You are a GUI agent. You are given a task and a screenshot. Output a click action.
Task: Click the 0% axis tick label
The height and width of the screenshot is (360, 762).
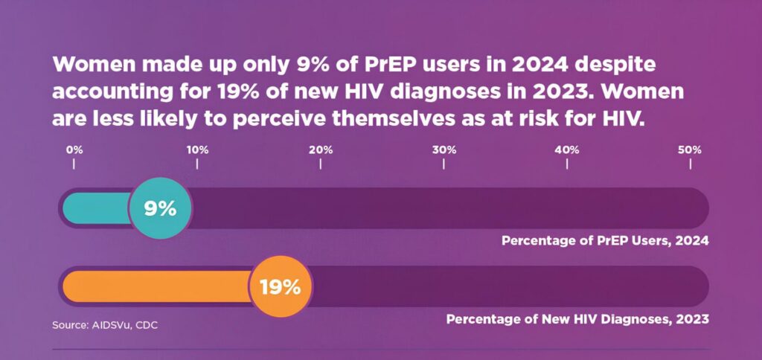pyautogui.click(x=74, y=150)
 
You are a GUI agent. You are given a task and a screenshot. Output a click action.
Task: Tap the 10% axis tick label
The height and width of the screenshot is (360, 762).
pyautogui.click(x=197, y=150)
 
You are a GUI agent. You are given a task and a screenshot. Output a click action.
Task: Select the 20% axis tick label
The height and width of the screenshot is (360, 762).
pyautogui.click(x=321, y=150)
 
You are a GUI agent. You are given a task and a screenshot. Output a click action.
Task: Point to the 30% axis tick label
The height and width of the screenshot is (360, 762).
pyautogui.click(x=444, y=150)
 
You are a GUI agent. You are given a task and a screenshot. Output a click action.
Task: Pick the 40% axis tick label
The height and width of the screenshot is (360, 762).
pyautogui.click(x=567, y=150)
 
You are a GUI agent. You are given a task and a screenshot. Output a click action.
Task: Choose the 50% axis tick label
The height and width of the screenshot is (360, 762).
pyautogui.click(x=690, y=150)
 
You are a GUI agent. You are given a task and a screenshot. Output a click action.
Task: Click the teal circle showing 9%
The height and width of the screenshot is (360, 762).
pyautogui.click(x=160, y=209)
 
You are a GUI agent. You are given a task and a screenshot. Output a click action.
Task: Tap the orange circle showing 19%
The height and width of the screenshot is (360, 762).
pyautogui.click(x=280, y=286)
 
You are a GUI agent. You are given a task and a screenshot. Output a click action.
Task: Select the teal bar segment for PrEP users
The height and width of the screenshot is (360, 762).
pyautogui.click(x=97, y=209)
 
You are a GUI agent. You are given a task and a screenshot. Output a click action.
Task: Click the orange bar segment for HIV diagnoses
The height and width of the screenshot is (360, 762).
pyautogui.click(x=156, y=286)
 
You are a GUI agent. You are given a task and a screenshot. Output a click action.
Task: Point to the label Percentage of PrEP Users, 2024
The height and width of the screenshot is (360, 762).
pyautogui.click(x=604, y=241)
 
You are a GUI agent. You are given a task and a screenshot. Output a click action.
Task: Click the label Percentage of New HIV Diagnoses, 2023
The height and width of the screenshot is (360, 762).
pyautogui.click(x=577, y=319)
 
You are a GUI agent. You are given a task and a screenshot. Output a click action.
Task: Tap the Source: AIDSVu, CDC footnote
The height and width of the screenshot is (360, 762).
pyautogui.click(x=105, y=325)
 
